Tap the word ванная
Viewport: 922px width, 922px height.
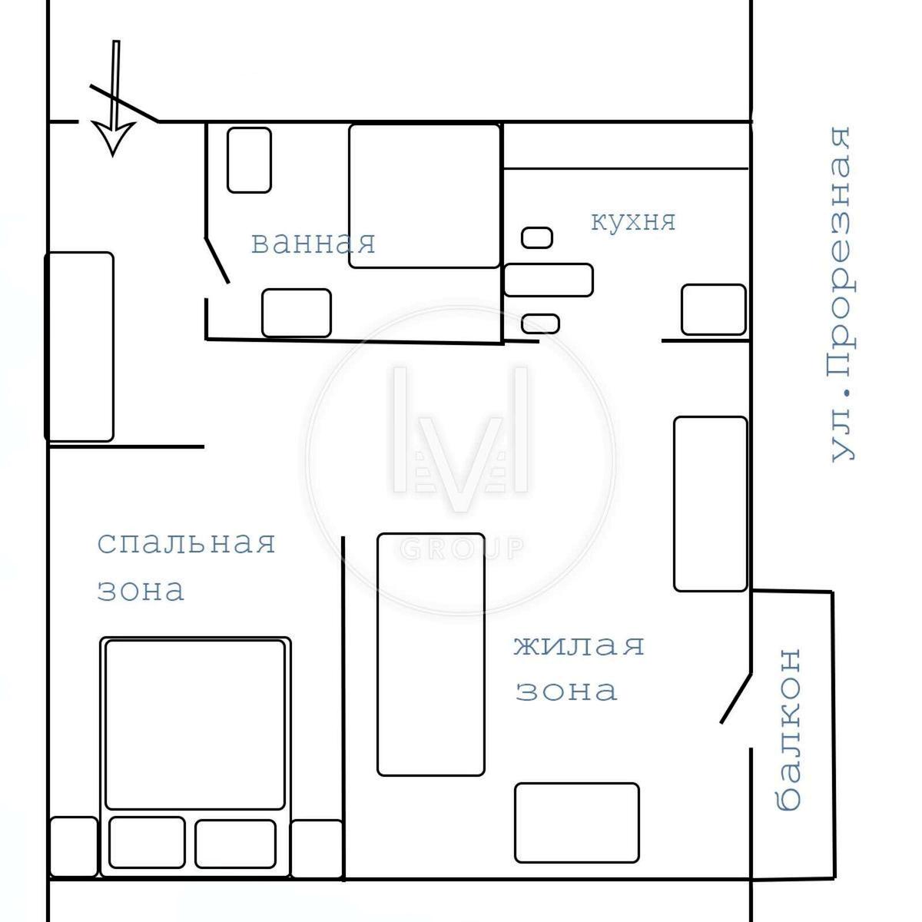coord(313,243)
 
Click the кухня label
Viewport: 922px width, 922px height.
coord(633,221)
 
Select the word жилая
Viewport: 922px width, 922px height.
coord(579,645)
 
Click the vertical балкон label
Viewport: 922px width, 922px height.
coord(788,729)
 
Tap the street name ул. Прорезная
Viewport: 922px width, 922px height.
coord(841,294)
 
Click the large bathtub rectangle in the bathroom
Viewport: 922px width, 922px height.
coord(424,196)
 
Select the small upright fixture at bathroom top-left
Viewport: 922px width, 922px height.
coord(249,161)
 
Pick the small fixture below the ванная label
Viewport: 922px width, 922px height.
coord(297,313)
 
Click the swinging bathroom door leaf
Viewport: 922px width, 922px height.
coord(217,260)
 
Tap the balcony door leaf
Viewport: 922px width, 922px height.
coord(736,698)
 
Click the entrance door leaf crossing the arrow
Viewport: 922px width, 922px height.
coord(124,104)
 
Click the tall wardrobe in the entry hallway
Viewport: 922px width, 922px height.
coord(79,347)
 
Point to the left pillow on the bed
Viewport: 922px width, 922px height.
coord(147,843)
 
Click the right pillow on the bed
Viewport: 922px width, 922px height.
coord(235,844)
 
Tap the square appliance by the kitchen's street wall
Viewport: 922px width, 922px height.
coord(713,310)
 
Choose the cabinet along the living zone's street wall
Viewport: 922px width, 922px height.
coord(711,504)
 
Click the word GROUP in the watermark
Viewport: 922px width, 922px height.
coord(462,549)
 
